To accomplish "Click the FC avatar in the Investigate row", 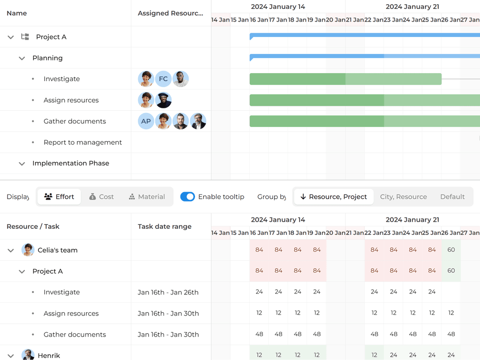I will point(163,79).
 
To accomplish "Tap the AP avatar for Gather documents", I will point(146,121).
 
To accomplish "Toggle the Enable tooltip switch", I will point(187,197).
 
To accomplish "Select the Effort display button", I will point(59,197).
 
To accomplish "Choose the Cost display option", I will point(101,197).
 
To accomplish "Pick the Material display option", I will point(147,197).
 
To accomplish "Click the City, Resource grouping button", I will point(403,197).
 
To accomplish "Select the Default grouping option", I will point(452,197).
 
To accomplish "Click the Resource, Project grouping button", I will point(334,197).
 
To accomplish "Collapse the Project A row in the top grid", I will point(11,37).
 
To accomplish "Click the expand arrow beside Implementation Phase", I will point(22,164).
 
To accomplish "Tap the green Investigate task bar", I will point(345,79).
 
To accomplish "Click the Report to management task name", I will point(82,142).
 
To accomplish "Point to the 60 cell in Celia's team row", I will point(451,250).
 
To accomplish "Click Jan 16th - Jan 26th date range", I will point(168,292).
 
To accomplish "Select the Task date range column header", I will point(165,226).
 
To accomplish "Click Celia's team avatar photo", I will point(28,250).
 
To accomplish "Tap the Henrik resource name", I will point(49,356).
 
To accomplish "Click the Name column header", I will point(17,13).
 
